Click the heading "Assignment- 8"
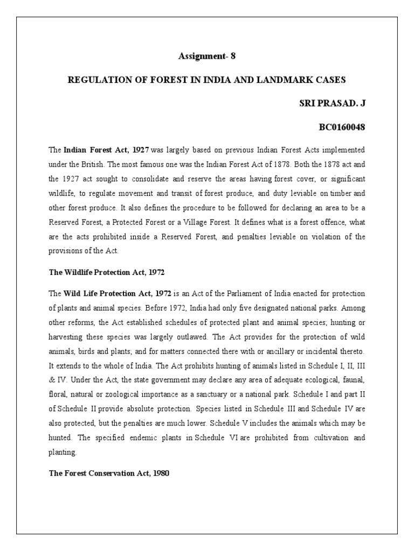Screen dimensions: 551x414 tap(207, 56)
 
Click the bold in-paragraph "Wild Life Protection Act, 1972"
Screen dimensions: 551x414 tap(118, 294)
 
